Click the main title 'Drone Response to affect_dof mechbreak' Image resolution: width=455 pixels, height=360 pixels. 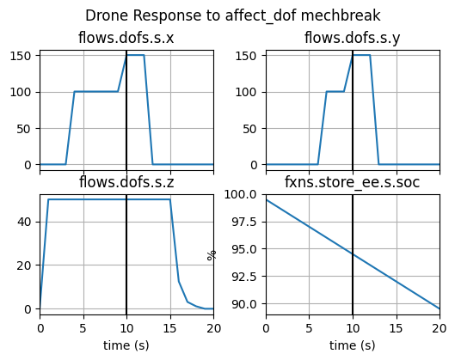coord(232,15)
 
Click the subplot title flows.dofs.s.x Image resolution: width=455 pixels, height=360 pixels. coord(126,38)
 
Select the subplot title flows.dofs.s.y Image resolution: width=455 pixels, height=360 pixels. coord(352,38)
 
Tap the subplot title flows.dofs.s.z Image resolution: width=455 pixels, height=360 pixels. coord(126,181)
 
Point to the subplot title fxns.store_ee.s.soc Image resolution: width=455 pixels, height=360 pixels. coord(352,181)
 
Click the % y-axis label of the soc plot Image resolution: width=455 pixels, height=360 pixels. coord(212,254)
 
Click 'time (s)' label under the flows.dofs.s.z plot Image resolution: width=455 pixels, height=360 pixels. coord(126,345)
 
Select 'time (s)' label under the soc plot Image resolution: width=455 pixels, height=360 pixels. coord(352,345)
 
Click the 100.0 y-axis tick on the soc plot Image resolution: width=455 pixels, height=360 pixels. coord(243,194)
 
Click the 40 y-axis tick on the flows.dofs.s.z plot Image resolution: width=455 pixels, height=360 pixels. coord(25,221)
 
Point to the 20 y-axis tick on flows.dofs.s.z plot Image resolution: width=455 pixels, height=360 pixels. coord(25,265)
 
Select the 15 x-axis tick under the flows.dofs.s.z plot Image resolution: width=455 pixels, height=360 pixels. coord(169,327)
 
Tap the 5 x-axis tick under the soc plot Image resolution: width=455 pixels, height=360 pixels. coord(309,327)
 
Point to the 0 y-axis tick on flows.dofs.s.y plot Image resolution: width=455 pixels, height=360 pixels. coord(255,164)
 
